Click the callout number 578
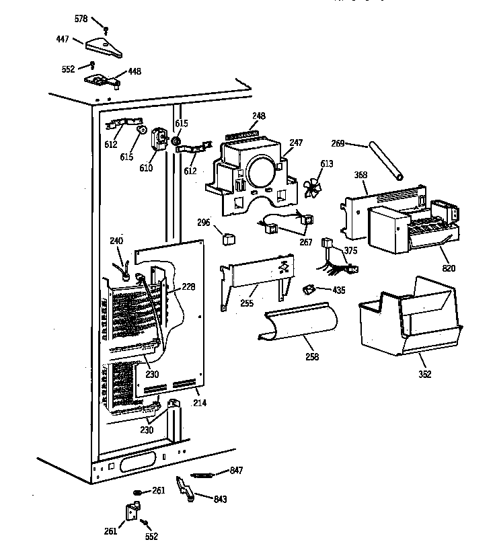(x=81, y=19)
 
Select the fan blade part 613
(x=310, y=189)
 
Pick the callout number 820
(x=449, y=268)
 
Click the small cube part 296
(x=228, y=237)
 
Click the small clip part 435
(x=309, y=290)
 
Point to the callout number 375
(x=351, y=251)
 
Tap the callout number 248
(x=258, y=116)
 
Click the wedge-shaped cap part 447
(x=104, y=48)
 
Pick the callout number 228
(x=188, y=287)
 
